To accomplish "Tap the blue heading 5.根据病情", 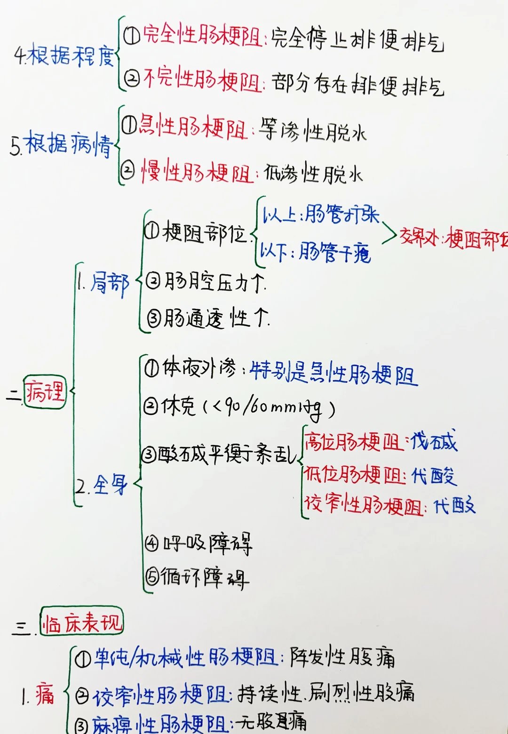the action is click(x=62, y=144).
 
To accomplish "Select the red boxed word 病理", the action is click(x=45, y=392).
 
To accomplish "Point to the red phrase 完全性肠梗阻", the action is click(x=202, y=35).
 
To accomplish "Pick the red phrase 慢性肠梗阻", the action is click(x=198, y=172).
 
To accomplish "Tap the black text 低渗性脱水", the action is click(x=313, y=174).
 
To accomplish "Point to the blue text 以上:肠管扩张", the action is click(x=320, y=215).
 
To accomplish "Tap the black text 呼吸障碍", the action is click(x=207, y=544).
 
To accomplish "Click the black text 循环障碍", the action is click(x=205, y=578).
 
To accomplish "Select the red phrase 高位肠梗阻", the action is click(x=353, y=442).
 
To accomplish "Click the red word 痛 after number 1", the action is click(x=45, y=694).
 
